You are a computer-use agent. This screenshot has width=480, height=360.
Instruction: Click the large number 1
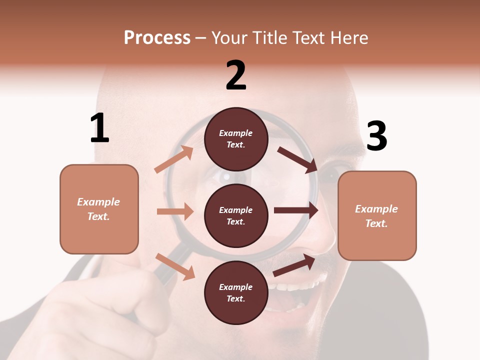click(x=99, y=128)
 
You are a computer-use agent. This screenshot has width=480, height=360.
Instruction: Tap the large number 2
click(x=236, y=75)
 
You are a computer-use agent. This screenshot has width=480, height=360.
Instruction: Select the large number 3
click(x=376, y=136)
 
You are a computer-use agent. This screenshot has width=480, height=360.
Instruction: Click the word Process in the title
click(x=157, y=37)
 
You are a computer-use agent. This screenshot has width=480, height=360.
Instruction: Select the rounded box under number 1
click(x=99, y=209)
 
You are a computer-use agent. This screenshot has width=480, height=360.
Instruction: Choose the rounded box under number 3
click(x=377, y=216)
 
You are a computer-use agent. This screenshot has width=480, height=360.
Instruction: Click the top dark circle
click(x=236, y=139)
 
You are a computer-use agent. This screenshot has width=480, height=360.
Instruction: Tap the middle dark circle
click(x=236, y=215)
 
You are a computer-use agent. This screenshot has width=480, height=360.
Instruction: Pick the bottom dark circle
click(x=236, y=292)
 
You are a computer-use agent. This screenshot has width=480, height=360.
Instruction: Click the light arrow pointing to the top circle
click(x=174, y=159)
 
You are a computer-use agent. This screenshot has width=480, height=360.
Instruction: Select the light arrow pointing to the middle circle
click(x=175, y=211)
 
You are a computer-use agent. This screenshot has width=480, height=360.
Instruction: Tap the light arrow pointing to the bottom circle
click(x=175, y=266)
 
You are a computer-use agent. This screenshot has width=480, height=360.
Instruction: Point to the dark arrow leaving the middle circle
click(x=296, y=210)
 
